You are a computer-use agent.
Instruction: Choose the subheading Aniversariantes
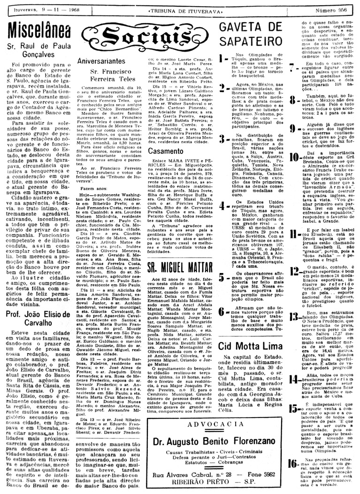98,61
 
